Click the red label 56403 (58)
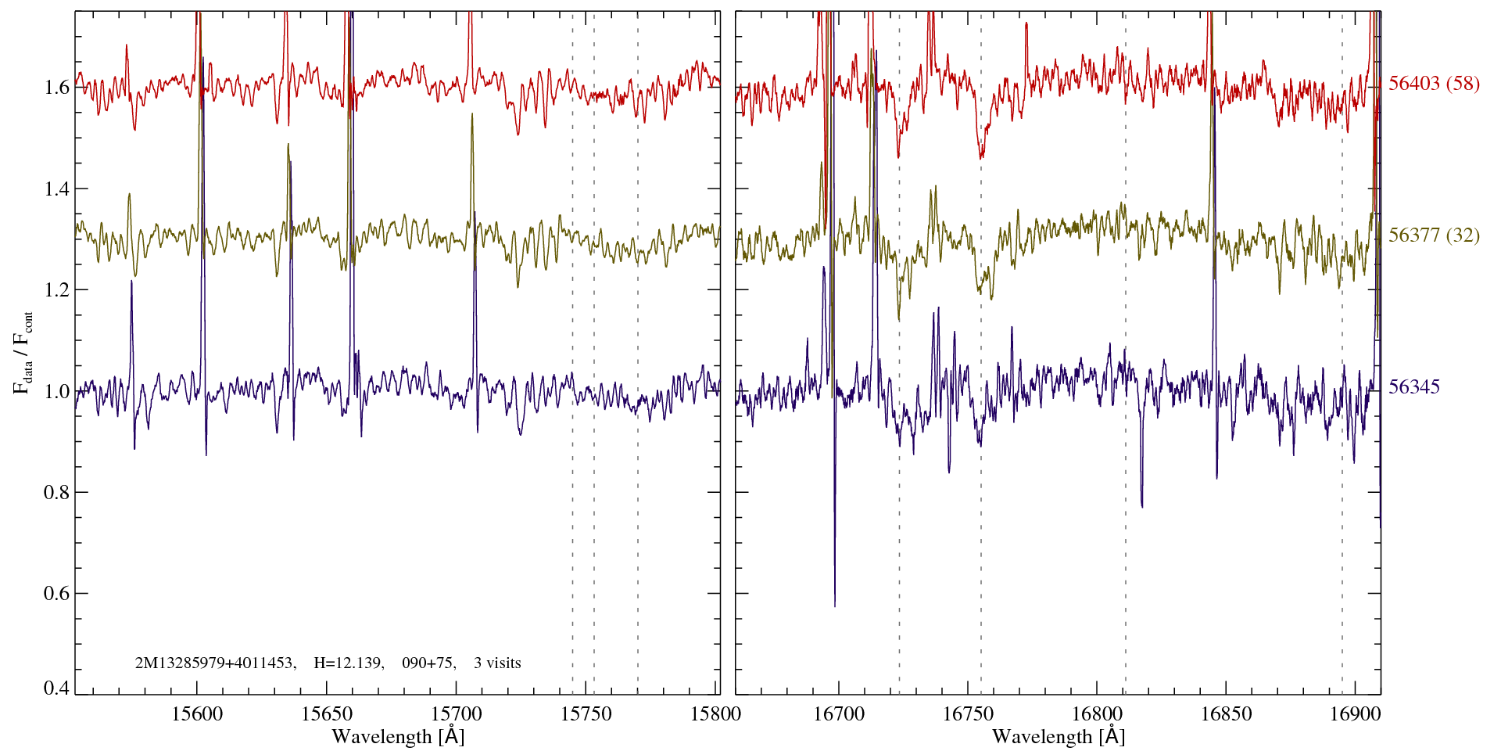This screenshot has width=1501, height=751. click(1434, 84)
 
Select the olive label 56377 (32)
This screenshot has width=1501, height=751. click(1434, 235)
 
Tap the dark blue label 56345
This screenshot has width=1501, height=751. click(1414, 387)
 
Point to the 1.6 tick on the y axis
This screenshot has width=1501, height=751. click(57, 87)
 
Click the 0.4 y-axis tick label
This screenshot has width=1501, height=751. click(57, 688)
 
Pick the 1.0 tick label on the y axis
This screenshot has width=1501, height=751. click(57, 391)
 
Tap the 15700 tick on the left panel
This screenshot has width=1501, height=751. click(457, 713)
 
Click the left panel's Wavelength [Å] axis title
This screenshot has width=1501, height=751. click(398, 737)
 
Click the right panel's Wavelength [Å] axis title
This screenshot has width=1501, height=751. click(1059, 737)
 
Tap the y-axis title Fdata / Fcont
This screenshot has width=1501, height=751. click(24, 352)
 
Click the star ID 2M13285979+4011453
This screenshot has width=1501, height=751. click(214, 663)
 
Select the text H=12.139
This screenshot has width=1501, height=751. click(348, 663)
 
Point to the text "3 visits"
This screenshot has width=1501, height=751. click(497, 663)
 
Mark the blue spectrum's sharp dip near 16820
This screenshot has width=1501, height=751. click(1142, 506)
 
